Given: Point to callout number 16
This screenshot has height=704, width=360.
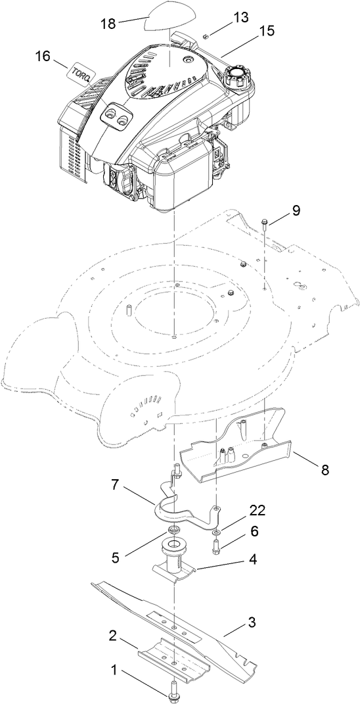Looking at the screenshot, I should coord(43,57).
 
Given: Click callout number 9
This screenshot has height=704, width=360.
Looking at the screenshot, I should coord(295,210).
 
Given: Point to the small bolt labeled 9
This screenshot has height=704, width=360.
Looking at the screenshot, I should coord(263,223).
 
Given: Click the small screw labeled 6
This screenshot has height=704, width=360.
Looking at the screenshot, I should coord(216,544).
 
